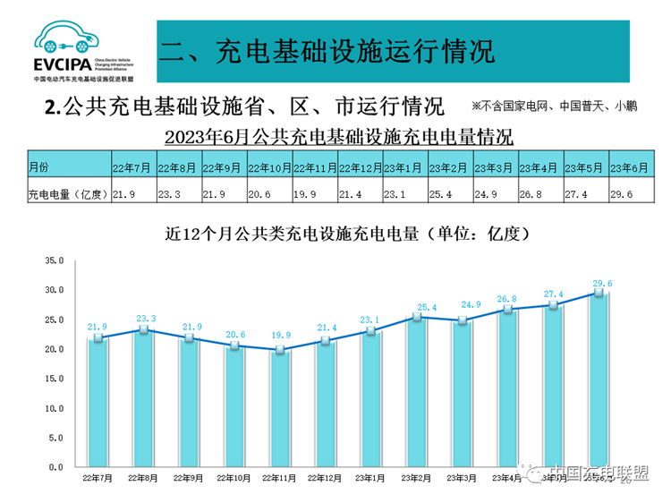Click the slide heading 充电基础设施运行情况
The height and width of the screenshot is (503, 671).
pyautogui.click(x=327, y=49)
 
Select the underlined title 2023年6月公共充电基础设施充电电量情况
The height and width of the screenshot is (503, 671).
pyautogui.click(x=339, y=137)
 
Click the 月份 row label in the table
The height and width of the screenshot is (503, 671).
pyautogui.click(x=39, y=167)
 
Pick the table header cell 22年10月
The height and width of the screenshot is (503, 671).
pyautogui.click(x=269, y=167)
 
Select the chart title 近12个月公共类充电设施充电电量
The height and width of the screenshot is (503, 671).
pyautogui.click(x=350, y=234)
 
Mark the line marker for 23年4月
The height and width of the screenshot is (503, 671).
pyautogui.click(x=507, y=309)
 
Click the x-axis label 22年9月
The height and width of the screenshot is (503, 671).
pyautogui.click(x=187, y=479)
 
